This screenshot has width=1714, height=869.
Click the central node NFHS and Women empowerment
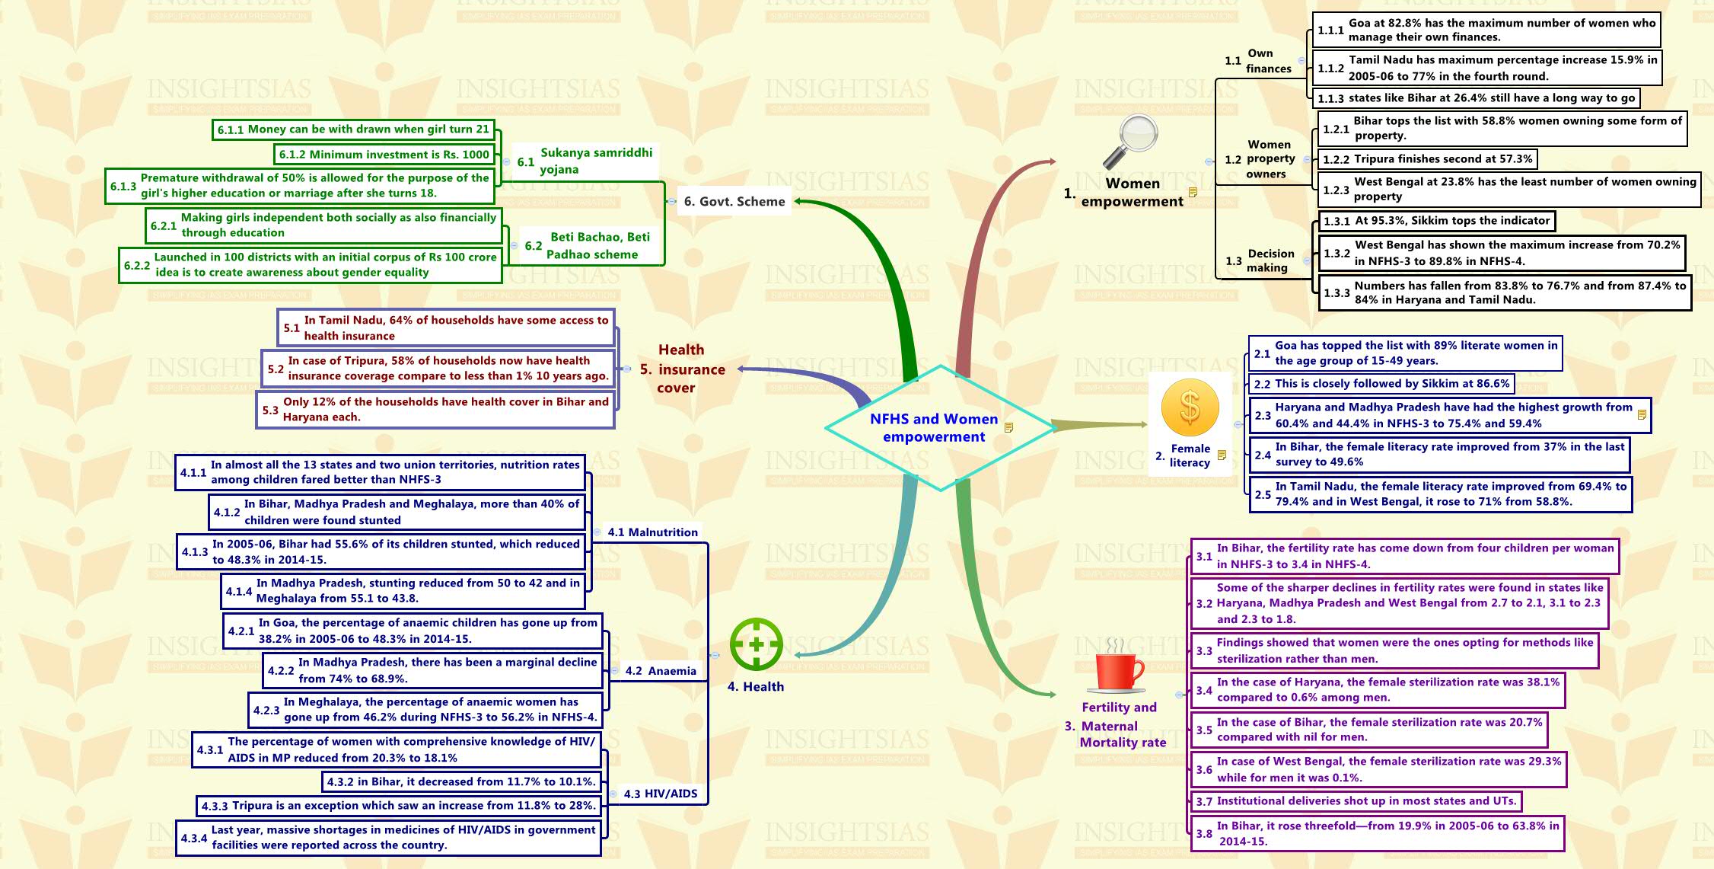934,428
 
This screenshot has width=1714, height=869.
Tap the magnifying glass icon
1131,141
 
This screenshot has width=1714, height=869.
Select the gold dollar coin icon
1190,408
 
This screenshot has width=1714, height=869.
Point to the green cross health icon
756,644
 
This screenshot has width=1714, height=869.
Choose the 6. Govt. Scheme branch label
734,202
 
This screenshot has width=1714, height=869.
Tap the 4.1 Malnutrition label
652,532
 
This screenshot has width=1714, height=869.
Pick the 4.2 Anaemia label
660,671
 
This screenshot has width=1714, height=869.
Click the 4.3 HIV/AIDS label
660,794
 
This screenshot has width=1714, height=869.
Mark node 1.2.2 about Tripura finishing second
1427,159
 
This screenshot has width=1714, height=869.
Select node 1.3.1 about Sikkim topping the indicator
1436,221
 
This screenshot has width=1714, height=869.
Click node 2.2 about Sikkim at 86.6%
1381,384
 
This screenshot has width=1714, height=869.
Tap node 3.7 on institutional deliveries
1356,801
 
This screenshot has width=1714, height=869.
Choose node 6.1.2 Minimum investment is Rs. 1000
384,155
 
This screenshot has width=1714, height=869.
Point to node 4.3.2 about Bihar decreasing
460,781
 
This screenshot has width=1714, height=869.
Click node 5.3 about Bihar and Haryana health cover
435,410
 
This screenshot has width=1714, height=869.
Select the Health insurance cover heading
682,369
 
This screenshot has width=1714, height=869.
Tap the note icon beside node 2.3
1642,415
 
